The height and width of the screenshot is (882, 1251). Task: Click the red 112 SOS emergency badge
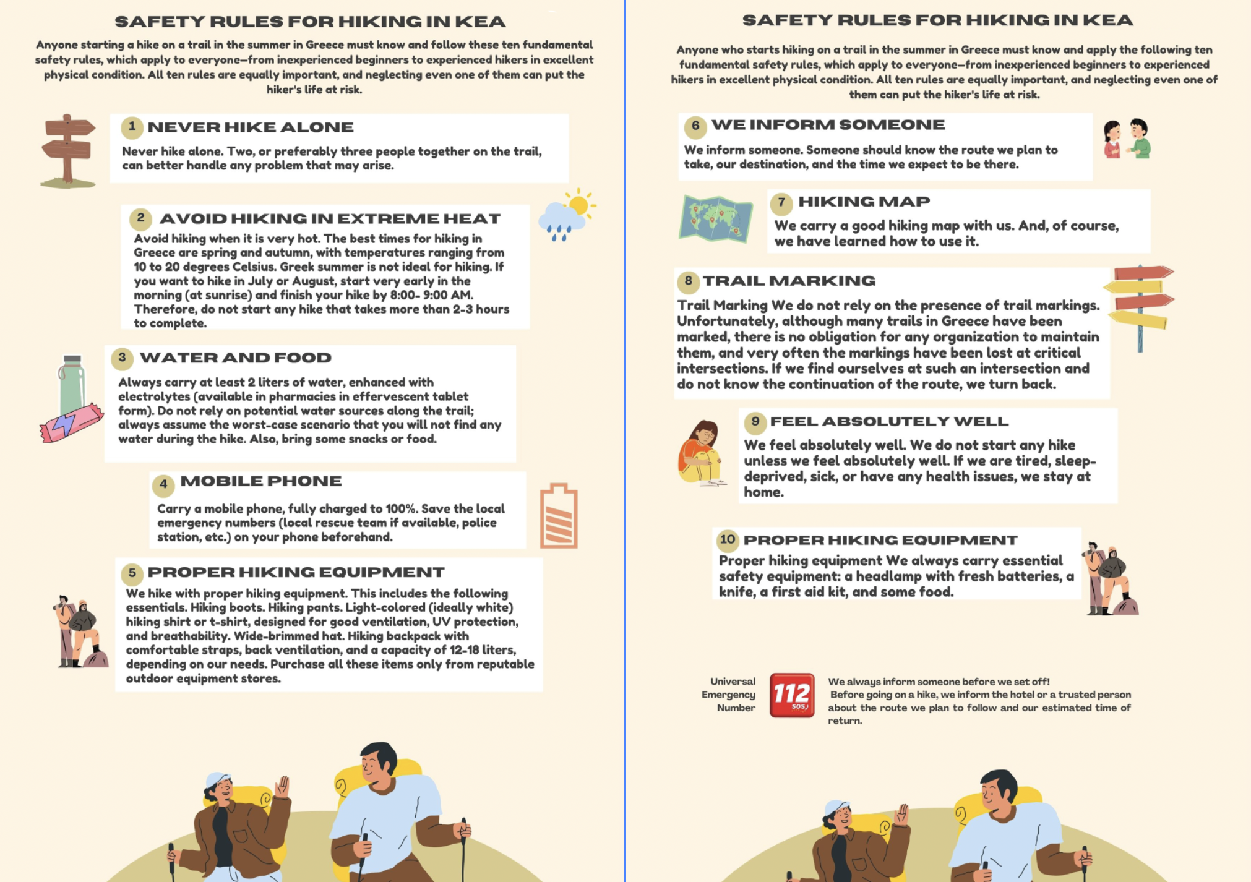pos(792,695)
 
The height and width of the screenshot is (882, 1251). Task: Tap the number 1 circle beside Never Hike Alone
pos(132,127)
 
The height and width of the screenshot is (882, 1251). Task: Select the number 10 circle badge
pos(728,539)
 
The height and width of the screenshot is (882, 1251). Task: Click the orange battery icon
pos(559,516)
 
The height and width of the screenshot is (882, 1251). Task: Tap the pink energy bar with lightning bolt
pos(71,423)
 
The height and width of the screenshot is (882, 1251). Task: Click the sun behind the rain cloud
pos(580,204)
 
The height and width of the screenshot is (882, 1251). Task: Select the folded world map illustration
pos(716,220)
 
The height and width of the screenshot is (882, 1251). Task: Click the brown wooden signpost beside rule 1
pos(67,151)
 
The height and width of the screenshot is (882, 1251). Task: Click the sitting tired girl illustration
pos(702,453)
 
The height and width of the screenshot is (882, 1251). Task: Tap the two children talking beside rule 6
pos(1127,139)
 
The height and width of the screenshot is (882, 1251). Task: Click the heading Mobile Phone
pos(260,481)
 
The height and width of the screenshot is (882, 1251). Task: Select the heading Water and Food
pos(236,358)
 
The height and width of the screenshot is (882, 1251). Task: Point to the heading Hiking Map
pos(864,202)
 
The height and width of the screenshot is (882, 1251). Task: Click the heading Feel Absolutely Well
pos(889,421)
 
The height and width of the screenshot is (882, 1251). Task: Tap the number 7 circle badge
pos(781,202)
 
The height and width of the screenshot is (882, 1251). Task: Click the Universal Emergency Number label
pos(729,695)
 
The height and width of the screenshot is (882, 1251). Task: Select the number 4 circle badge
pos(163,484)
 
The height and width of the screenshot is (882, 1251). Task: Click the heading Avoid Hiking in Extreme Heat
pos(330,219)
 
